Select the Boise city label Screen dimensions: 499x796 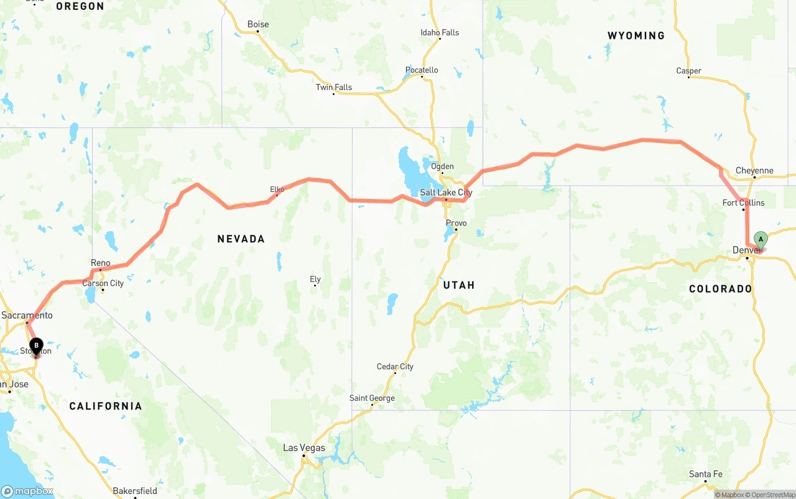pyautogui.click(x=258, y=24)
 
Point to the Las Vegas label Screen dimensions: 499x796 pyautogui.click(x=304, y=447)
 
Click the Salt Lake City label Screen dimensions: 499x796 pyautogui.click(x=446, y=193)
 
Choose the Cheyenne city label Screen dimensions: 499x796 pyautogui.click(x=754, y=170)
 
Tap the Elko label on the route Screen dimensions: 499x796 pyautogui.click(x=277, y=189)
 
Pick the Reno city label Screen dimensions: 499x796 pyautogui.click(x=100, y=263)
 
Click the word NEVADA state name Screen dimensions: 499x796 pyautogui.click(x=241, y=239)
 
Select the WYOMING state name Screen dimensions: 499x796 pyautogui.click(x=636, y=35)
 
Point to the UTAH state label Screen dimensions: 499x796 pyautogui.click(x=459, y=285)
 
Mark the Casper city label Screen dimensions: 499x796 pyautogui.click(x=688, y=71)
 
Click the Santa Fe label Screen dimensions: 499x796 pyautogui.click(x=705, y=474)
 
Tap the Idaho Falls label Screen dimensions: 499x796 pyautogui.click(x=440, y=32)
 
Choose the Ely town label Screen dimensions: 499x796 pyautogui.click(x=315, y=279)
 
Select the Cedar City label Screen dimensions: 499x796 pyautogui.click(x=395, y=367)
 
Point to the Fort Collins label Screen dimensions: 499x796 pyautogui.click(x=743, y=203)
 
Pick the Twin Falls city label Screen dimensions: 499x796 pyautogui.click(x=334, y=87)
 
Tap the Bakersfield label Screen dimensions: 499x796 pyautogui.click(x=134, y=491)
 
